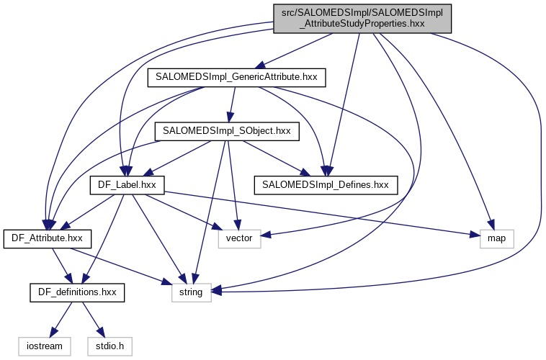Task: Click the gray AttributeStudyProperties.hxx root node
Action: pos(362,17)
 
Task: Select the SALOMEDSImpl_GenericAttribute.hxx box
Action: pos(236,77)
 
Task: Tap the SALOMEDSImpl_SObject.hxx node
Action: pos(226,131)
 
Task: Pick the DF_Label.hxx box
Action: pos(127,185)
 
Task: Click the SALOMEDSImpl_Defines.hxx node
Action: pos(325,185)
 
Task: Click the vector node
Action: pos(239,238)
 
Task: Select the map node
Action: pos(496,238)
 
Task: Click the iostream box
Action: pos(45,346)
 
